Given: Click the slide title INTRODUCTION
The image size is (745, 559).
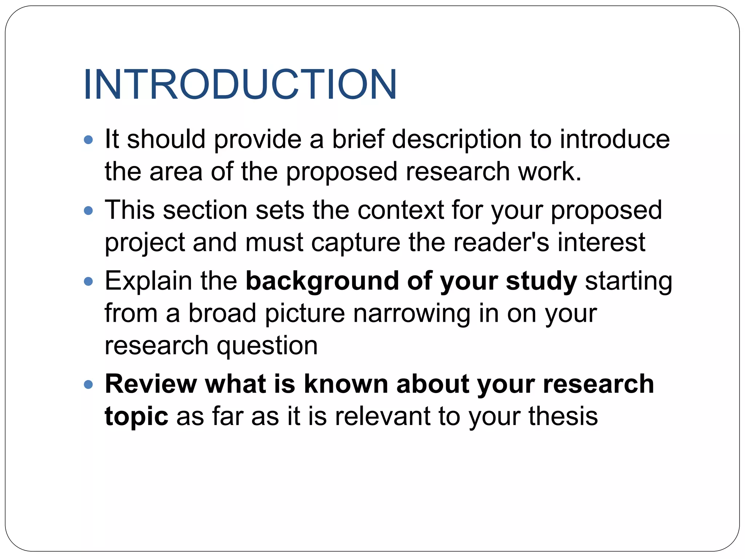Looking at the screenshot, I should pyautogui.click(x=240, y=84).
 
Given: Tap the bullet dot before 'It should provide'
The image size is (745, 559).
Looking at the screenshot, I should pyautogui.click(x=88, y=140).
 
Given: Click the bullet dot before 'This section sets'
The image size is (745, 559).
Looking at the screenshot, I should pyautogui.click(x=88, y=210).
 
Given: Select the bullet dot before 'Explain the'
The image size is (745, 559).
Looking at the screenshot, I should pyautogui.click(x=88, y=281).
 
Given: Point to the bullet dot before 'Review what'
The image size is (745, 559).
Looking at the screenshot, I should pyautogui.click(x=88, y=385).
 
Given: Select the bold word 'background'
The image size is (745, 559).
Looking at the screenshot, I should pyautogui.click(x=322, y=281).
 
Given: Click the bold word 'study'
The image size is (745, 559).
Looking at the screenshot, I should pyautogui.click(x=541, y=281).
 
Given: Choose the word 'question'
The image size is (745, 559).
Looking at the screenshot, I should pyautogui.click(x=267, y=346).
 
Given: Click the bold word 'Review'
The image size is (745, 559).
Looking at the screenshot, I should pyautogui.click(x=150, y=384).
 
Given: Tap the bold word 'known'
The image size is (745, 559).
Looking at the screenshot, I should pyautogui.click(x=346, y=384).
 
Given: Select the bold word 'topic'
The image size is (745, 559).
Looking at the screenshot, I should pyautogui.click(x=136, y=417).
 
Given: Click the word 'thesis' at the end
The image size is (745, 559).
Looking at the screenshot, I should pyautogui.click(x=563, y=416).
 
